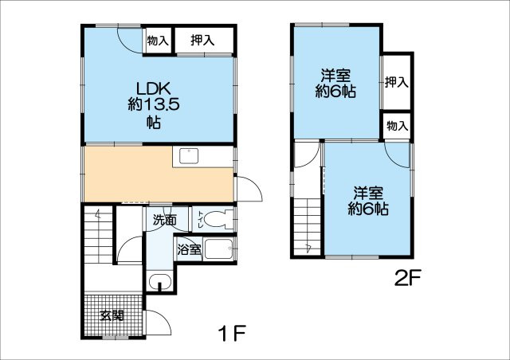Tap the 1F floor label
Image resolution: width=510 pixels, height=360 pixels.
click(x=231, y=333)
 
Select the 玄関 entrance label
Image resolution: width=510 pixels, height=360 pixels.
click(x=112, y=314)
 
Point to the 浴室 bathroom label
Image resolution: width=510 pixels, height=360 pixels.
click(x=189, y=250)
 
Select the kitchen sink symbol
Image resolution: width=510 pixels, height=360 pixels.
click(x=190, y=155)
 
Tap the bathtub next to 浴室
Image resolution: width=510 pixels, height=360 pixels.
click(x=220, y=251)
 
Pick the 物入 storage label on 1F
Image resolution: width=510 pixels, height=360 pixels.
click(x=157, y=40)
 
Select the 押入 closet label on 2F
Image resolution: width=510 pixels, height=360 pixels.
click(x=396, y=81)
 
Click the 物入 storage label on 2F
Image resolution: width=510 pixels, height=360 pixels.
click(x=397, y=125)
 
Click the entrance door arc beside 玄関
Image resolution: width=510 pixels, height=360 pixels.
click(x=158, y=323)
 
